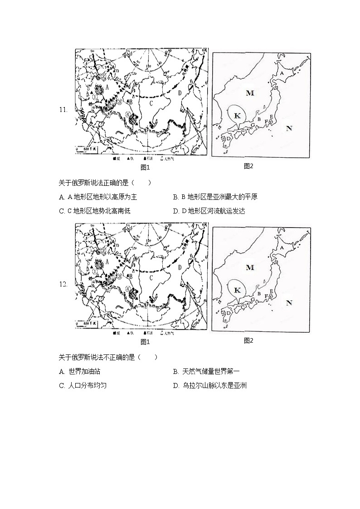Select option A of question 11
98,197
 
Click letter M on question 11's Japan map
250,93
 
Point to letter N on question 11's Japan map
289,128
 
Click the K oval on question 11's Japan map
237,115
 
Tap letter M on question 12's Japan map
250,267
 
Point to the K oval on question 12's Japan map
237,290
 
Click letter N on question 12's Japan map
289,303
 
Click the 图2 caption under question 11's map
248,166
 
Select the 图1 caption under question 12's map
145,341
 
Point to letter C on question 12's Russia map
152,277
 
